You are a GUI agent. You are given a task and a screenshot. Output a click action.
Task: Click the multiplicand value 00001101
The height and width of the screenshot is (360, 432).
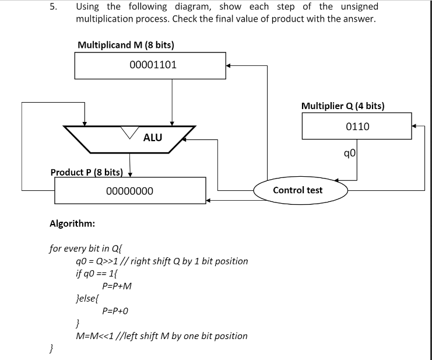click(x=153, y=65)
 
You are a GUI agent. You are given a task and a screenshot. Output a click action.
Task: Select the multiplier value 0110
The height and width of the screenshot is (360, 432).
click(x=357, y=126)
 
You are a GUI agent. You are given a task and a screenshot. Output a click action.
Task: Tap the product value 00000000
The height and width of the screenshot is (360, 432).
click(x=130, y=191)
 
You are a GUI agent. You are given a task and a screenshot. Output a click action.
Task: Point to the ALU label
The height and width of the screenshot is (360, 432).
click(x=153, y=138)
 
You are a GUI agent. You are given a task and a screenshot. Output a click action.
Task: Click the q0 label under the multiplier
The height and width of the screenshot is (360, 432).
click(x=350, y=153)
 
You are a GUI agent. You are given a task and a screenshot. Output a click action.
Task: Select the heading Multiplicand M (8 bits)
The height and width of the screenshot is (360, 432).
click(x=126, y=45)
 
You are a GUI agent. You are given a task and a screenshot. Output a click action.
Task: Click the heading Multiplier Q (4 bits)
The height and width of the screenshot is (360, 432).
click(x=342, y=106)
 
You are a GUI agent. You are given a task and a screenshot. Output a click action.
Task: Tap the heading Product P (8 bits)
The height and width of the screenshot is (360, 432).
click(x=86, y=172)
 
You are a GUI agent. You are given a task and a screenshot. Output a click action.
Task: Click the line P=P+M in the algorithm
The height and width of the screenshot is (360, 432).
click(x=117, y=286)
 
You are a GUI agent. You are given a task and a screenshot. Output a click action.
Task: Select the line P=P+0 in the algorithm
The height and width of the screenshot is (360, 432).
click(x=115, y=311)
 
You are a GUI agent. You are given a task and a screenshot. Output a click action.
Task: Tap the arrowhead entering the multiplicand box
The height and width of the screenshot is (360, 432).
click(x=230, y=65)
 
